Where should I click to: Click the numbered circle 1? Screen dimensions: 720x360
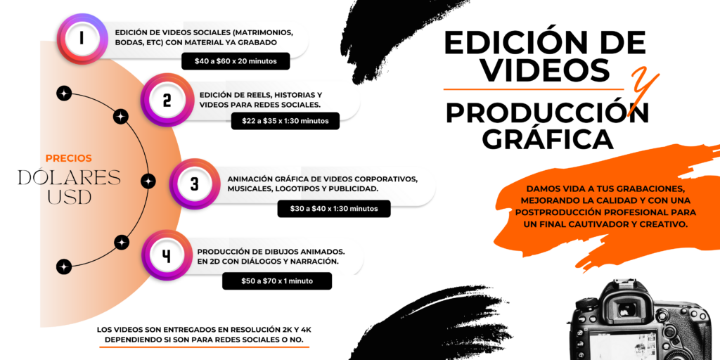click(x=82, y=39)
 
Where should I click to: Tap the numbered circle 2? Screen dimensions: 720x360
click(x=167, y=100)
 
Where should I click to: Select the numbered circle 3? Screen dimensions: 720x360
click(x=195, y=184)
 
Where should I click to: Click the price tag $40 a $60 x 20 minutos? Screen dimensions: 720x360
click(x=236, y=61)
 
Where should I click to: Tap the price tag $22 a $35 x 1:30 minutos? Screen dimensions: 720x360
click(x=285, y=121)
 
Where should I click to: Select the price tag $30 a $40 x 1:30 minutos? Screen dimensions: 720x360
click(x=334, y=208)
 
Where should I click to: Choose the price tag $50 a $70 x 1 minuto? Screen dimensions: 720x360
click(x=277, y=281)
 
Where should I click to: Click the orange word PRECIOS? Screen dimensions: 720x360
click(x=69, y=158)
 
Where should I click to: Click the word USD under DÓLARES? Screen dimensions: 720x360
click(x=70, y=197)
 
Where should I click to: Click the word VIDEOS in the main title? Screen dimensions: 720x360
click(x=548, y=70)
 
